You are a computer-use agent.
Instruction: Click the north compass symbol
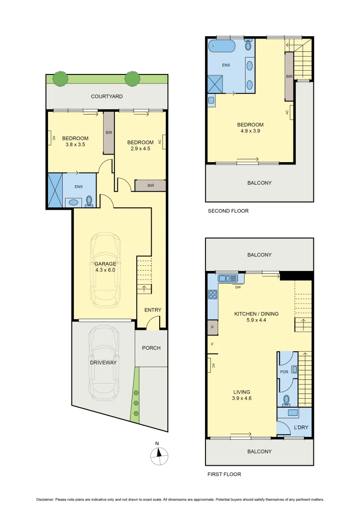159,454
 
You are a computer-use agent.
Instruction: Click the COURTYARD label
107,97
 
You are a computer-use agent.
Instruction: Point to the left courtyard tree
60,79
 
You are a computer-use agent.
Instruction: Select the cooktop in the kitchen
213,295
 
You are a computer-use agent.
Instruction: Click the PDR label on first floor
284,372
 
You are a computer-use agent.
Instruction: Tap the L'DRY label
300,427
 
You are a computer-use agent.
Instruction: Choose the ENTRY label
153,310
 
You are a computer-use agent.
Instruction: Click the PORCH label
151,348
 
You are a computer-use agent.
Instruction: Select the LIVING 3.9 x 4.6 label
242,395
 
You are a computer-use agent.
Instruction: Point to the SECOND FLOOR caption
228,211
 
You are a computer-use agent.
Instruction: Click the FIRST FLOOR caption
224,475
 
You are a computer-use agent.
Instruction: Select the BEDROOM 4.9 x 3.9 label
250,128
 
